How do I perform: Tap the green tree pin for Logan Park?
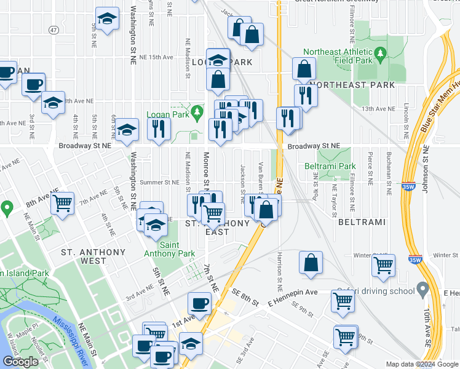(197, 112)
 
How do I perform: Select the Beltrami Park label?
(330, 166)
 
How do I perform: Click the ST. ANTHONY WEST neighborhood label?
(93, 256)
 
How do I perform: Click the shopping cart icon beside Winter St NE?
(383, 266)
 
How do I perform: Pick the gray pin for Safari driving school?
(422, 288)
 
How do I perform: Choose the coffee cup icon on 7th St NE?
(199, 303)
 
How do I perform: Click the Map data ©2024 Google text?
(422, 364)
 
